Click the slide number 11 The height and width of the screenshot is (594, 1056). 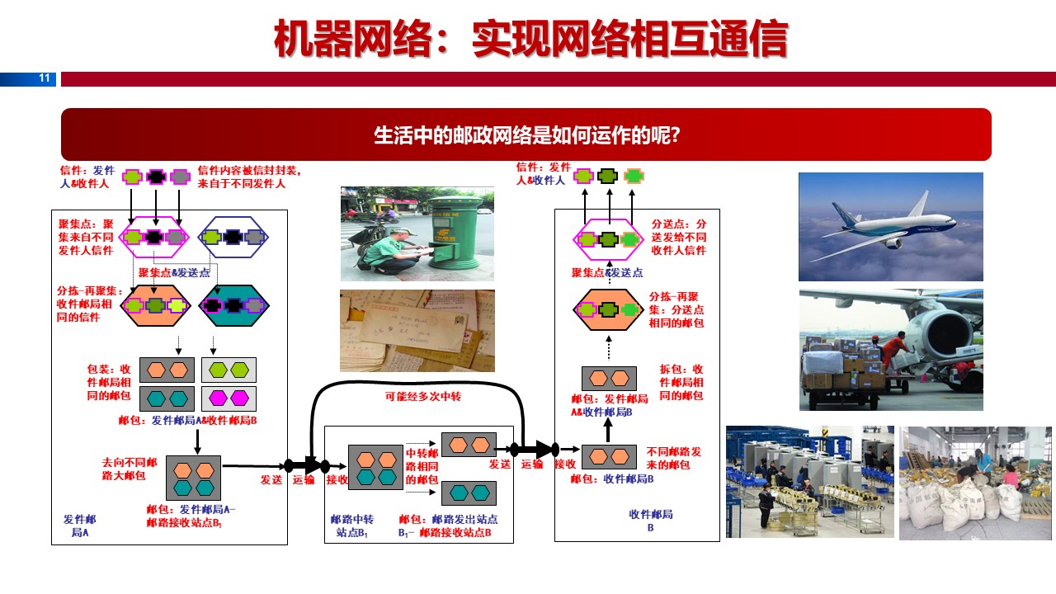point(45,78)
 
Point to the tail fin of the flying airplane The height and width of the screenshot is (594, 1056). point(922,204)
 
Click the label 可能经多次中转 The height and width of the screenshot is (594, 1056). point(423,397)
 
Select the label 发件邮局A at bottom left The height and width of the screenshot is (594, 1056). point(80,526)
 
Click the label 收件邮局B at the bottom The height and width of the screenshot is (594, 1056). point(651,521)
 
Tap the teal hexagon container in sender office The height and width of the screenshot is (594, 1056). point(233,305)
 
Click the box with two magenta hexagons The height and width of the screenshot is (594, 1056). point(229,398)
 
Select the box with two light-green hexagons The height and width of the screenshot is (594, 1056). point(229,370)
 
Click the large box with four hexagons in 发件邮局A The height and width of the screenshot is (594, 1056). point(193,478)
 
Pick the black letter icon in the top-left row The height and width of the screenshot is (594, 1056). point(156,177)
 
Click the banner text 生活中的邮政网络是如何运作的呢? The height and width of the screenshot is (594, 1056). point(527,135)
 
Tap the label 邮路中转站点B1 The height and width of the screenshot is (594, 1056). point(352,526)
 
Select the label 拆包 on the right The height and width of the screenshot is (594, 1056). point(671,369)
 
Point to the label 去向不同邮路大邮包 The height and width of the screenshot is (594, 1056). point(130,469)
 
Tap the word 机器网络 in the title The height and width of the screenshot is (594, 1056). point(353,39)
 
